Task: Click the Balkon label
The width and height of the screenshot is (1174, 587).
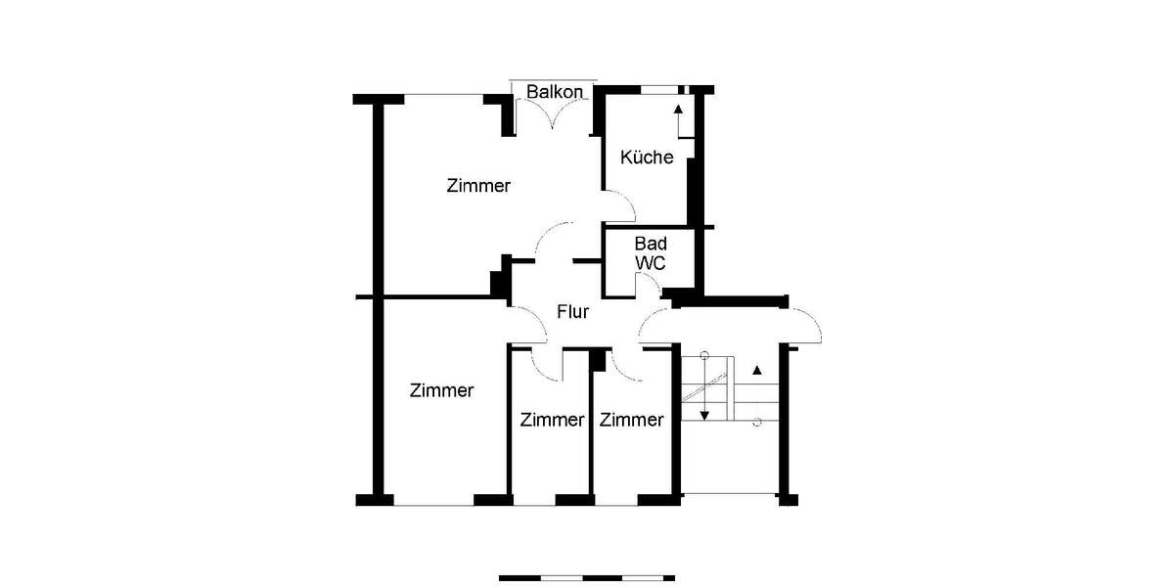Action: [x=555, y=92]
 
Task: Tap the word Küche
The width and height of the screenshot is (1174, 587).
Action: [x=647, y=157]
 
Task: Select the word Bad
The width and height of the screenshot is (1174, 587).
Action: [x=650, y=244]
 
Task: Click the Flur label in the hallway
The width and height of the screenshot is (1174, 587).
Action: [x=572, y=313]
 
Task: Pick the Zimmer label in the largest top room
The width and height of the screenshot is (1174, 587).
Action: [x=478, y=185]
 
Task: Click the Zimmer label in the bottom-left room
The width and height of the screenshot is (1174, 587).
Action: [x=442, y=390]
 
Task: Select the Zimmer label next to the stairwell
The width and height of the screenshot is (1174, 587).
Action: [x=631, y=421]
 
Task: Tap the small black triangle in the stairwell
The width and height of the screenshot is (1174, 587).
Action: [x=756, y=371]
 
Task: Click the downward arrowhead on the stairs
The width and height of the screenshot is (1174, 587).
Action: [x=703, y=415]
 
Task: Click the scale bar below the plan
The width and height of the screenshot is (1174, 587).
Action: [x=586, y=577]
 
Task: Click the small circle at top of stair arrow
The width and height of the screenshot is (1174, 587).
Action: [x=703, y=355]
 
